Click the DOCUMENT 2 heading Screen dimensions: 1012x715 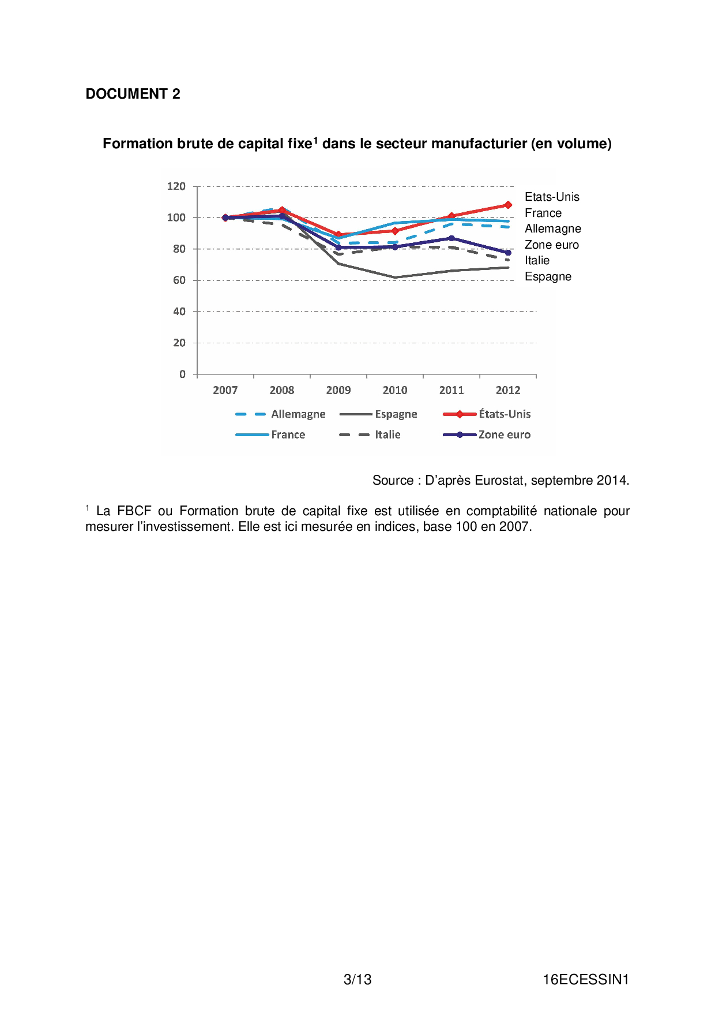(133, 94)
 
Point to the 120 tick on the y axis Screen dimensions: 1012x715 (176, 186)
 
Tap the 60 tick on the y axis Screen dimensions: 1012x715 (179, 280)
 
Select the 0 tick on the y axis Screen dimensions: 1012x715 (182, 374)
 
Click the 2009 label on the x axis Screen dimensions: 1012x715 (338, 391)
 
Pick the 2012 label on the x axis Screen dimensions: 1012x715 (508, 391)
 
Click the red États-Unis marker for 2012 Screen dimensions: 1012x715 (508, 205)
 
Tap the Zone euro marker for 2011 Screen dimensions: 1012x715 (451, 238)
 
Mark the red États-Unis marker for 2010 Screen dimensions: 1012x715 (395, 231)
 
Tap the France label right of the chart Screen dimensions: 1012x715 (543, 213)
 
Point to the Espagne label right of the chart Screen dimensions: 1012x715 (548, 277)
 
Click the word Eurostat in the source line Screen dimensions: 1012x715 (499, 481)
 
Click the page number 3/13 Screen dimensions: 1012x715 (357, 980)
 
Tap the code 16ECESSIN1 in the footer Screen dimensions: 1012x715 (585, 980)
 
